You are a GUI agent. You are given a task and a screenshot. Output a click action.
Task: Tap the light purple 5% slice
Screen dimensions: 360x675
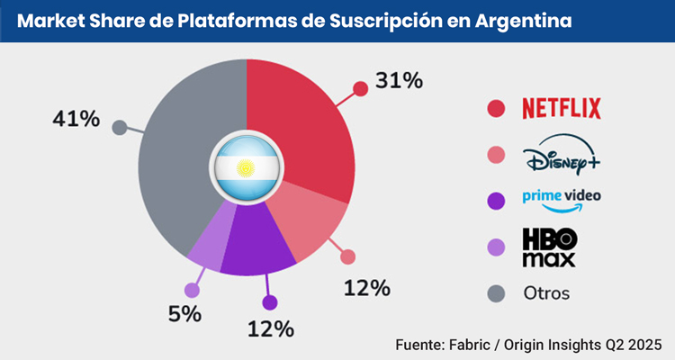[207, 247]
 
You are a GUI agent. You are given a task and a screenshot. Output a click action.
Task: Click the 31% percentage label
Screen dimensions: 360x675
[399, 80]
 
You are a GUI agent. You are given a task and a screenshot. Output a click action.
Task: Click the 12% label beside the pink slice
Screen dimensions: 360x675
[366, 288]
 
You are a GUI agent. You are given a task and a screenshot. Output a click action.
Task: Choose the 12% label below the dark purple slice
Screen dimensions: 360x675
[271, 328]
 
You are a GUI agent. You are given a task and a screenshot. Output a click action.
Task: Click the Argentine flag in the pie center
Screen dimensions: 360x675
[246, 167]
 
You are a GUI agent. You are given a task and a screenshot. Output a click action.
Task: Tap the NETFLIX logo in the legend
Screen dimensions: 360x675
[562, 109]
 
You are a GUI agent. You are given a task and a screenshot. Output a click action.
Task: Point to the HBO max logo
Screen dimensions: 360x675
[549, 247]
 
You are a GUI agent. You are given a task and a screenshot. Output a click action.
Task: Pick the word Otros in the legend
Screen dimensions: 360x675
[546, 293]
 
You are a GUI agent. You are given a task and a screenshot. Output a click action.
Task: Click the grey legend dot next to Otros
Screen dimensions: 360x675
[494, 293]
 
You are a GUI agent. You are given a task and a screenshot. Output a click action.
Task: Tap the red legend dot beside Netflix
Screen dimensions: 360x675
[494, 109]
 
